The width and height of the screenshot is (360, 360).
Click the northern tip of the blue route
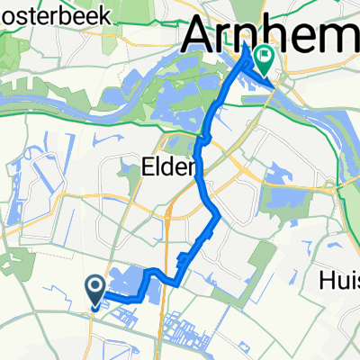tap(245, 59)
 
